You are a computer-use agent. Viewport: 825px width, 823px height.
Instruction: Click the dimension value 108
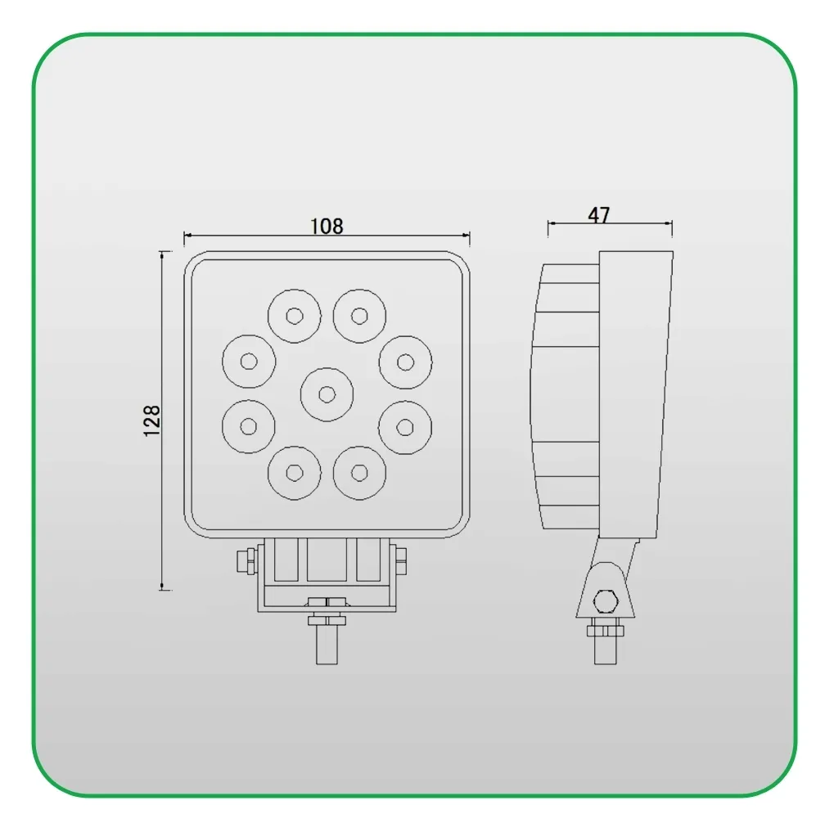[327, 226]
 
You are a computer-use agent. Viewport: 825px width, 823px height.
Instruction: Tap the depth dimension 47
[599, 215]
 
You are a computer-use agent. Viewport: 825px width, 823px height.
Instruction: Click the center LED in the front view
[327, 394]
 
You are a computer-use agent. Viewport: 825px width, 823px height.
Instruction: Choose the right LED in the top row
[359, 315]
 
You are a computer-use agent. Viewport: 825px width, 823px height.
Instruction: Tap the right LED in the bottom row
[359, 472]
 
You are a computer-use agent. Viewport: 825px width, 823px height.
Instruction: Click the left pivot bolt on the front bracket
[243, 561]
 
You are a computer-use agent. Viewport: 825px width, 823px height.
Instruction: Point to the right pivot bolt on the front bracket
[399, 561]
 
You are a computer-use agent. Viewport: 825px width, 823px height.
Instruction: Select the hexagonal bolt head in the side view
[605, 600]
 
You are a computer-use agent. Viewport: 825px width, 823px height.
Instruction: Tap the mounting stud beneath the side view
[605, 651]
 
